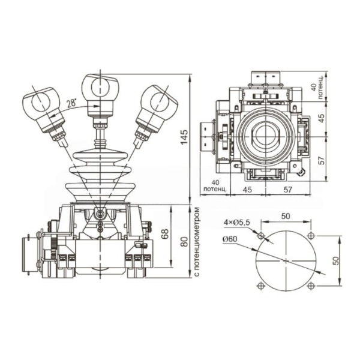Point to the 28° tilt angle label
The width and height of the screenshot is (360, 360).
(x=71, y=103)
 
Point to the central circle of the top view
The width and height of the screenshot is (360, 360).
(x=265, y=137)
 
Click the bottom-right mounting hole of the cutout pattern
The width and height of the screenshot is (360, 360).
(x=310, y=286)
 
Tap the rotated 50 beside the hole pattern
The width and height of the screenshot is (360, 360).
(x=337, y=260)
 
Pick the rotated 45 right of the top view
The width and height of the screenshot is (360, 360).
(x=321, y=118)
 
